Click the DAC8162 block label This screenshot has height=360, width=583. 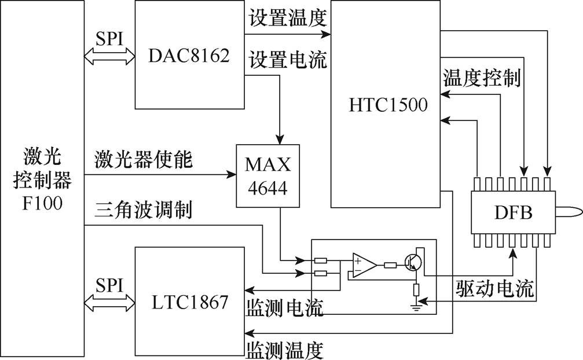tap(189, 56)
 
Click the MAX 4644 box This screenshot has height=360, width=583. tap(268, 176)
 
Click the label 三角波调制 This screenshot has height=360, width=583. tap(143, 211)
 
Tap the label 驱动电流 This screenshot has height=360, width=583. tap(494, 288)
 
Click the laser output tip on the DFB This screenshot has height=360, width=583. tap(564, 213)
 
